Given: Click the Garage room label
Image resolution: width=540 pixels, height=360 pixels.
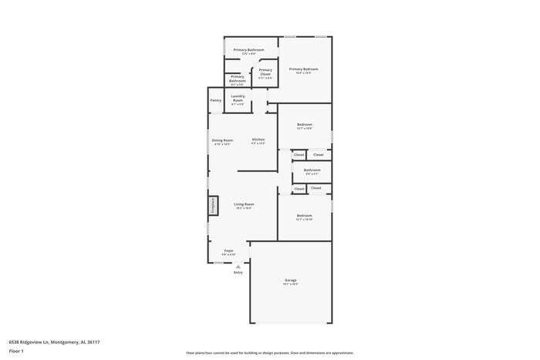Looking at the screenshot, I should (291, 280).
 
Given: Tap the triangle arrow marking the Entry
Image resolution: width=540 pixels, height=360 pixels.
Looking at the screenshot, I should (238, 267).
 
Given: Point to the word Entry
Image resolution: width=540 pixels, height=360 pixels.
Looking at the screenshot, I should (238, 272).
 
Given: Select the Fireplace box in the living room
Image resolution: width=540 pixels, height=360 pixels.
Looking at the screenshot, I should (211, 206).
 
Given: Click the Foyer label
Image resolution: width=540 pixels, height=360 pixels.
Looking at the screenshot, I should (229, 251).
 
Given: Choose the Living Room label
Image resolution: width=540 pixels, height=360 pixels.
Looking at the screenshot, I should (244, 204).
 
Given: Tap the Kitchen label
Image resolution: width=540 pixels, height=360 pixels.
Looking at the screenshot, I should (258, 140).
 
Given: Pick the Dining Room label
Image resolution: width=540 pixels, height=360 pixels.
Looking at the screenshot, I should (222, 140).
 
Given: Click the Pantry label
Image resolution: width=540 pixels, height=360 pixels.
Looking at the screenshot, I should (216, 100).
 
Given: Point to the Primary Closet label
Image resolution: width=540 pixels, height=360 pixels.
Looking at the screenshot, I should (265, 72).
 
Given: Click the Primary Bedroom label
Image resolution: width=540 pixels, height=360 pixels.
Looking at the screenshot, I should (304, 69).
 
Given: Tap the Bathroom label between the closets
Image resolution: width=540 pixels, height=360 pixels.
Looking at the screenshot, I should (312, 170).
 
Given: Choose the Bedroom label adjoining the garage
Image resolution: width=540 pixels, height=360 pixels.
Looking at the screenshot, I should (305, 215).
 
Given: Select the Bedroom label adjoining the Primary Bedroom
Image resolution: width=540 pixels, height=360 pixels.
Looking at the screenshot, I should (305, 124).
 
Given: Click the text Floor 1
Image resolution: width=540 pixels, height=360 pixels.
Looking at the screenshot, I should (16, 351).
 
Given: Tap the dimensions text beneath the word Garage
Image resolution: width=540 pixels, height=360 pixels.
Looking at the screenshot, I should (291, 284).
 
